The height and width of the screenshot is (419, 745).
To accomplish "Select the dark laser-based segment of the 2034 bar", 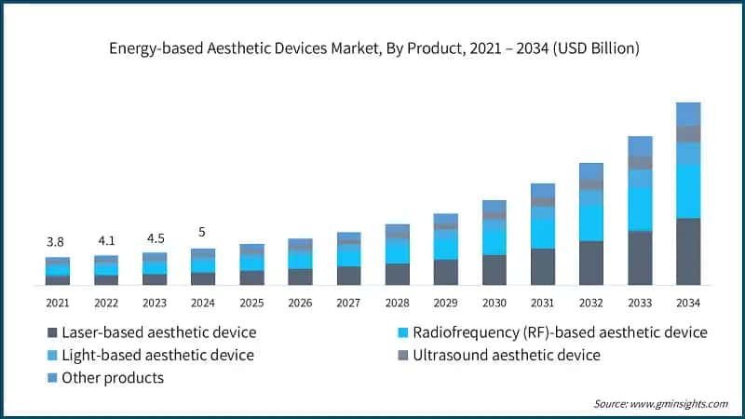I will click(x=687, y=251).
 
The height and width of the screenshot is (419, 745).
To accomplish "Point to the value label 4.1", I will click(x=106, y=238).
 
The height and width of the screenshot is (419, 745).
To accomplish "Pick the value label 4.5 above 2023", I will click(x=155, y=236).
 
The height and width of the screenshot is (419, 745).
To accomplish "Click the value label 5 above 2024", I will click(x=203, y=232).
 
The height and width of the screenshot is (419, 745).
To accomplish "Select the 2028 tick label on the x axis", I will click(x=398, y=303).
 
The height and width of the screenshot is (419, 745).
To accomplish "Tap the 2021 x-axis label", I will click(x=58, y=303).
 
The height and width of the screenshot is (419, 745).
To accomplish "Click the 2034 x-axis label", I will click(x=687, y=303).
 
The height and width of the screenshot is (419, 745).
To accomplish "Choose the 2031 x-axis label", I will click(x=543, y=303).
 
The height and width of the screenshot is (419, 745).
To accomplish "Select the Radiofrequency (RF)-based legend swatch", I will click(x=401, y=332).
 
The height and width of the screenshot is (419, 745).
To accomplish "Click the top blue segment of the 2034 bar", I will click(x=687, y=114).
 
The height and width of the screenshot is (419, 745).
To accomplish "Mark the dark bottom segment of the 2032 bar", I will click(x=591, y=263).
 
